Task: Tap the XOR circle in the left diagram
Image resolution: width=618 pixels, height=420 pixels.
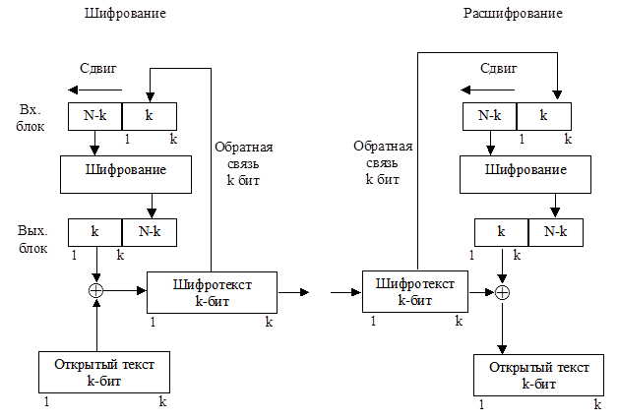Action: pos(96,290)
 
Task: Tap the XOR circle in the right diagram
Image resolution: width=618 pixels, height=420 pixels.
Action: pos(503,291)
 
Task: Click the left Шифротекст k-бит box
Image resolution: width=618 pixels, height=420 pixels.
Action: pos(212,292)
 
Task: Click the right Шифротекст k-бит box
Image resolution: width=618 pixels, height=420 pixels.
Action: pos(415,291)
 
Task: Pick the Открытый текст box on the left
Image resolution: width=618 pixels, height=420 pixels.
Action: pos(106,371)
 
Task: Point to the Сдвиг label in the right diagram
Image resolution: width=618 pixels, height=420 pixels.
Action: pos(498,69)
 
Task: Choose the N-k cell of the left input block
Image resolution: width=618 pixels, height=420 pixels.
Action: pos(94,116)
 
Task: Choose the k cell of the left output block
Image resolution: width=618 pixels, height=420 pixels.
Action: pos(94,232)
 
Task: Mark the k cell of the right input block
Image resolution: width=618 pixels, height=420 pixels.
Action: pos(543,116)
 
